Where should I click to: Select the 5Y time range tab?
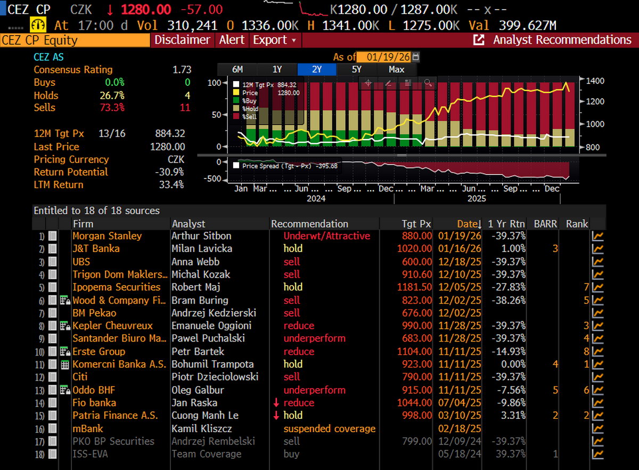point(357,69)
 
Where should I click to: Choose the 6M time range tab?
point(237,69)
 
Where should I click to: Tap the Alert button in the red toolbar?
point(232,40)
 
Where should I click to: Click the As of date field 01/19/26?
point(388,57)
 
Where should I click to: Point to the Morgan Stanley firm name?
point(107,236)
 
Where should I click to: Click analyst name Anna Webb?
point(195,262)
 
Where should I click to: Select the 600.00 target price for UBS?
point(417,262)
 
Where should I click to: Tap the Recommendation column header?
point(309,224)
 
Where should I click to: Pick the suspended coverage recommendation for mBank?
point(330,428)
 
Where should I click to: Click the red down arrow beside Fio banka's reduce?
point(276,403)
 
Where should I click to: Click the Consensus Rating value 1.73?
point(182,70)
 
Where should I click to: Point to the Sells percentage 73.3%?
point(112,108)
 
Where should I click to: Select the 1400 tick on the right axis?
point(595,81)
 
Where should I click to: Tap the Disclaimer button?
point(182,40)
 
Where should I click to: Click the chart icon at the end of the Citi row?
point(597,377)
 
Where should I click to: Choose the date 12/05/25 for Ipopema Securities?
point(460,287)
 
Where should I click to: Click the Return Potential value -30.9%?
point(169,172)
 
